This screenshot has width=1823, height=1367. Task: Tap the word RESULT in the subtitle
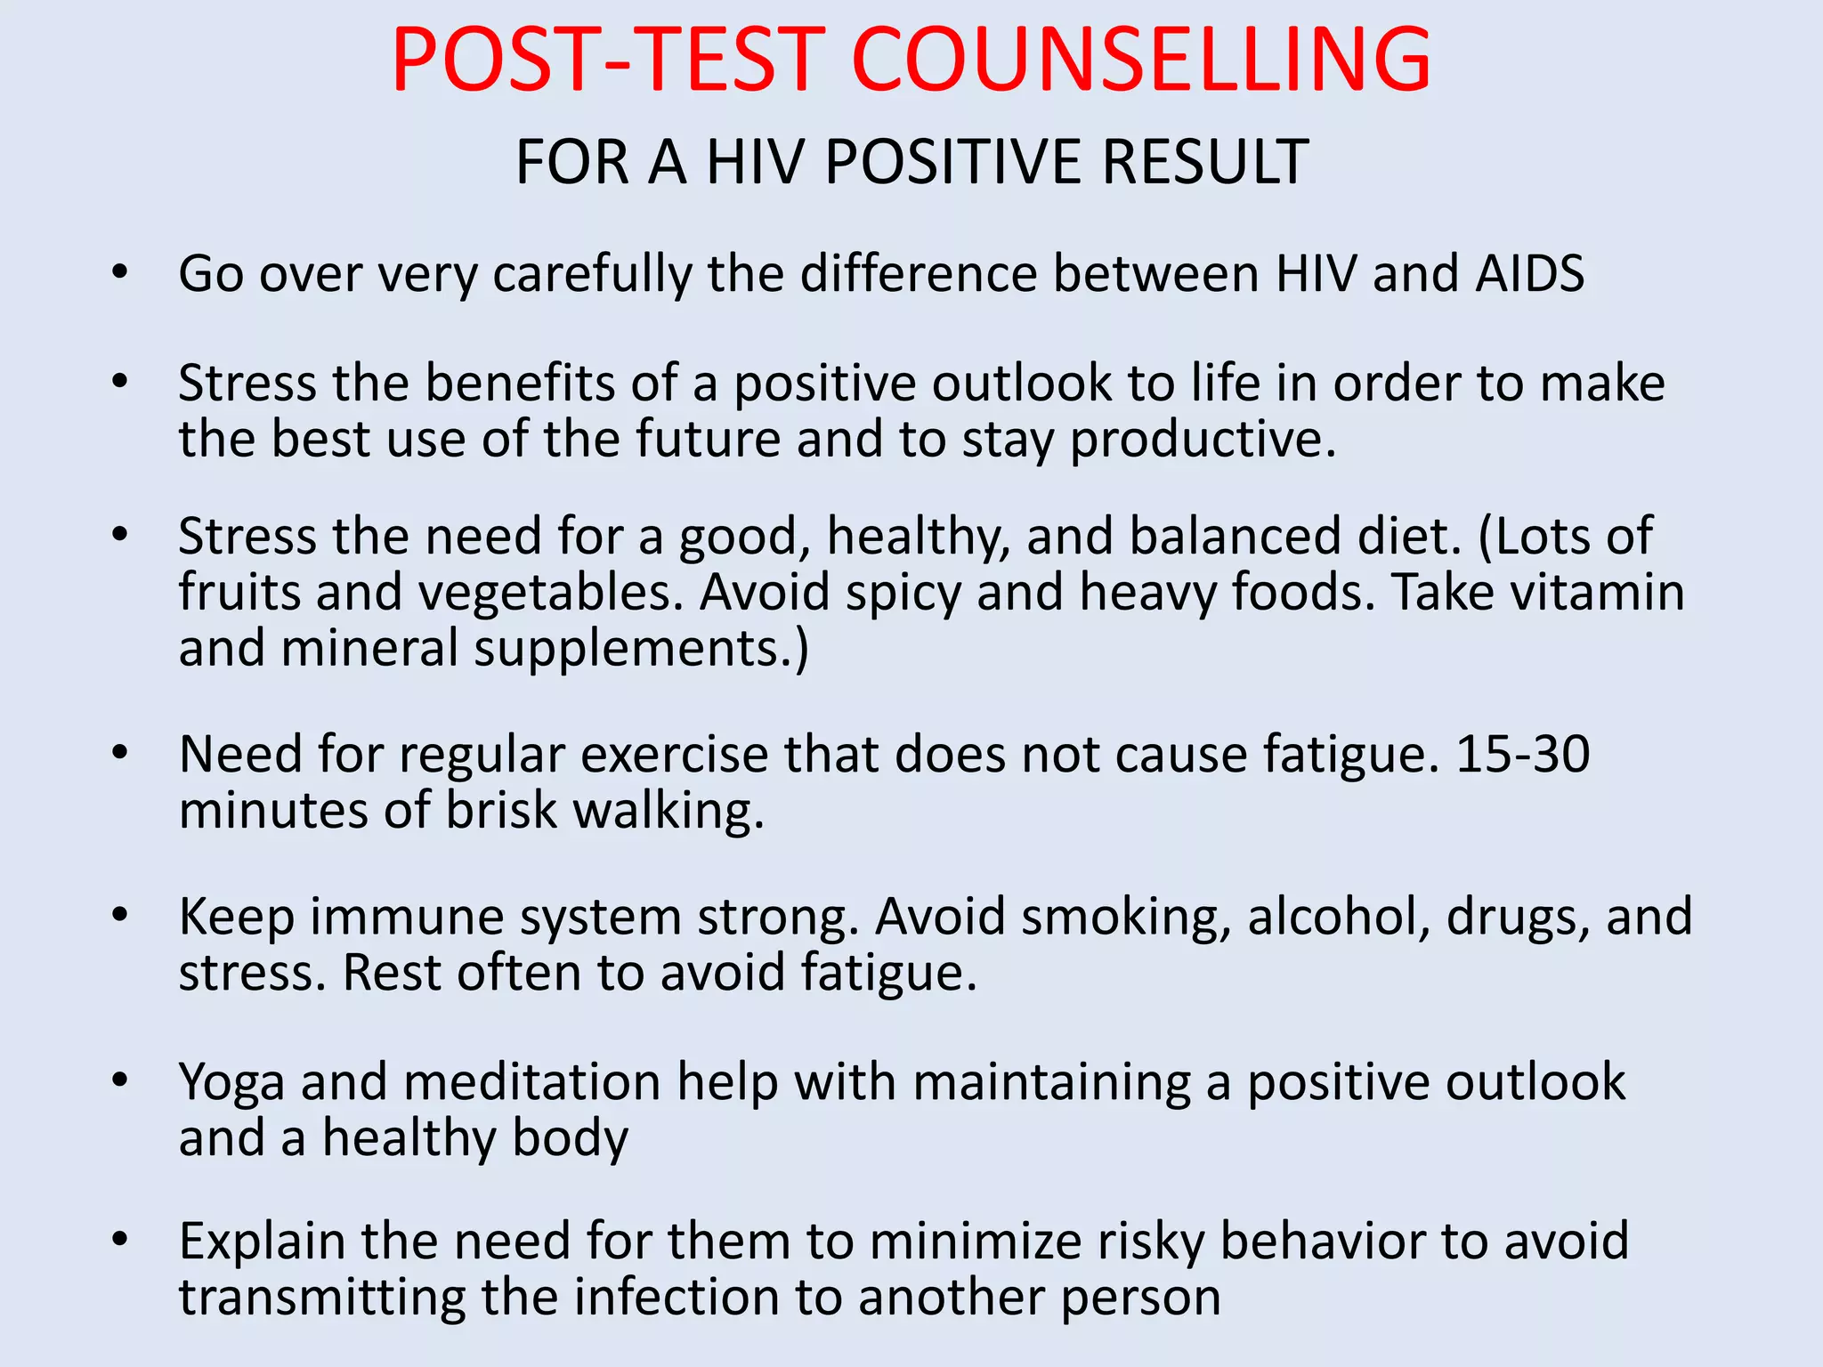(1205, 163)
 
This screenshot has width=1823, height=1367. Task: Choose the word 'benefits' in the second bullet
(520, 384)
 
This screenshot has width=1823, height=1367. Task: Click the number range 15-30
(1522, 755)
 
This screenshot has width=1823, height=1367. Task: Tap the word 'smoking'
(1123, 918)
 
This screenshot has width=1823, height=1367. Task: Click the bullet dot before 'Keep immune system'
(120, 915)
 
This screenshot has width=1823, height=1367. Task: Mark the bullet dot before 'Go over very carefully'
(120, 271)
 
